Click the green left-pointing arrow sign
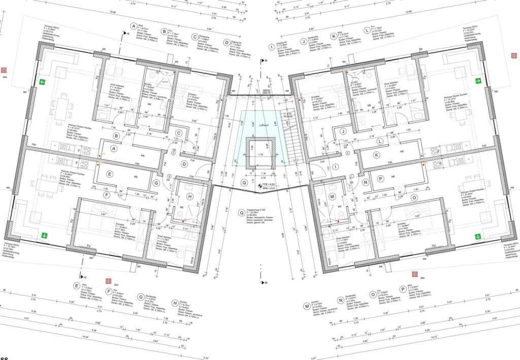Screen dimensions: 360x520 [x=42, y=82]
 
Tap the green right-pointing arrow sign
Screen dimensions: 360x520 [x=478, y=81]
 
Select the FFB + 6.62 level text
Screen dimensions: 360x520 [x=268, y=184]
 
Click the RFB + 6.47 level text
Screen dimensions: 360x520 [x=268, y=189]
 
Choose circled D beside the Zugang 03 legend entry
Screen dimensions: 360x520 [x=227, y=42]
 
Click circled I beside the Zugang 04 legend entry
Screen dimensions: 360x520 [x=271, y=48]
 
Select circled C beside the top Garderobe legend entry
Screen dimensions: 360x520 [x=194, y=37]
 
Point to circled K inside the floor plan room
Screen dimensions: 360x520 [x=376, y=155]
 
